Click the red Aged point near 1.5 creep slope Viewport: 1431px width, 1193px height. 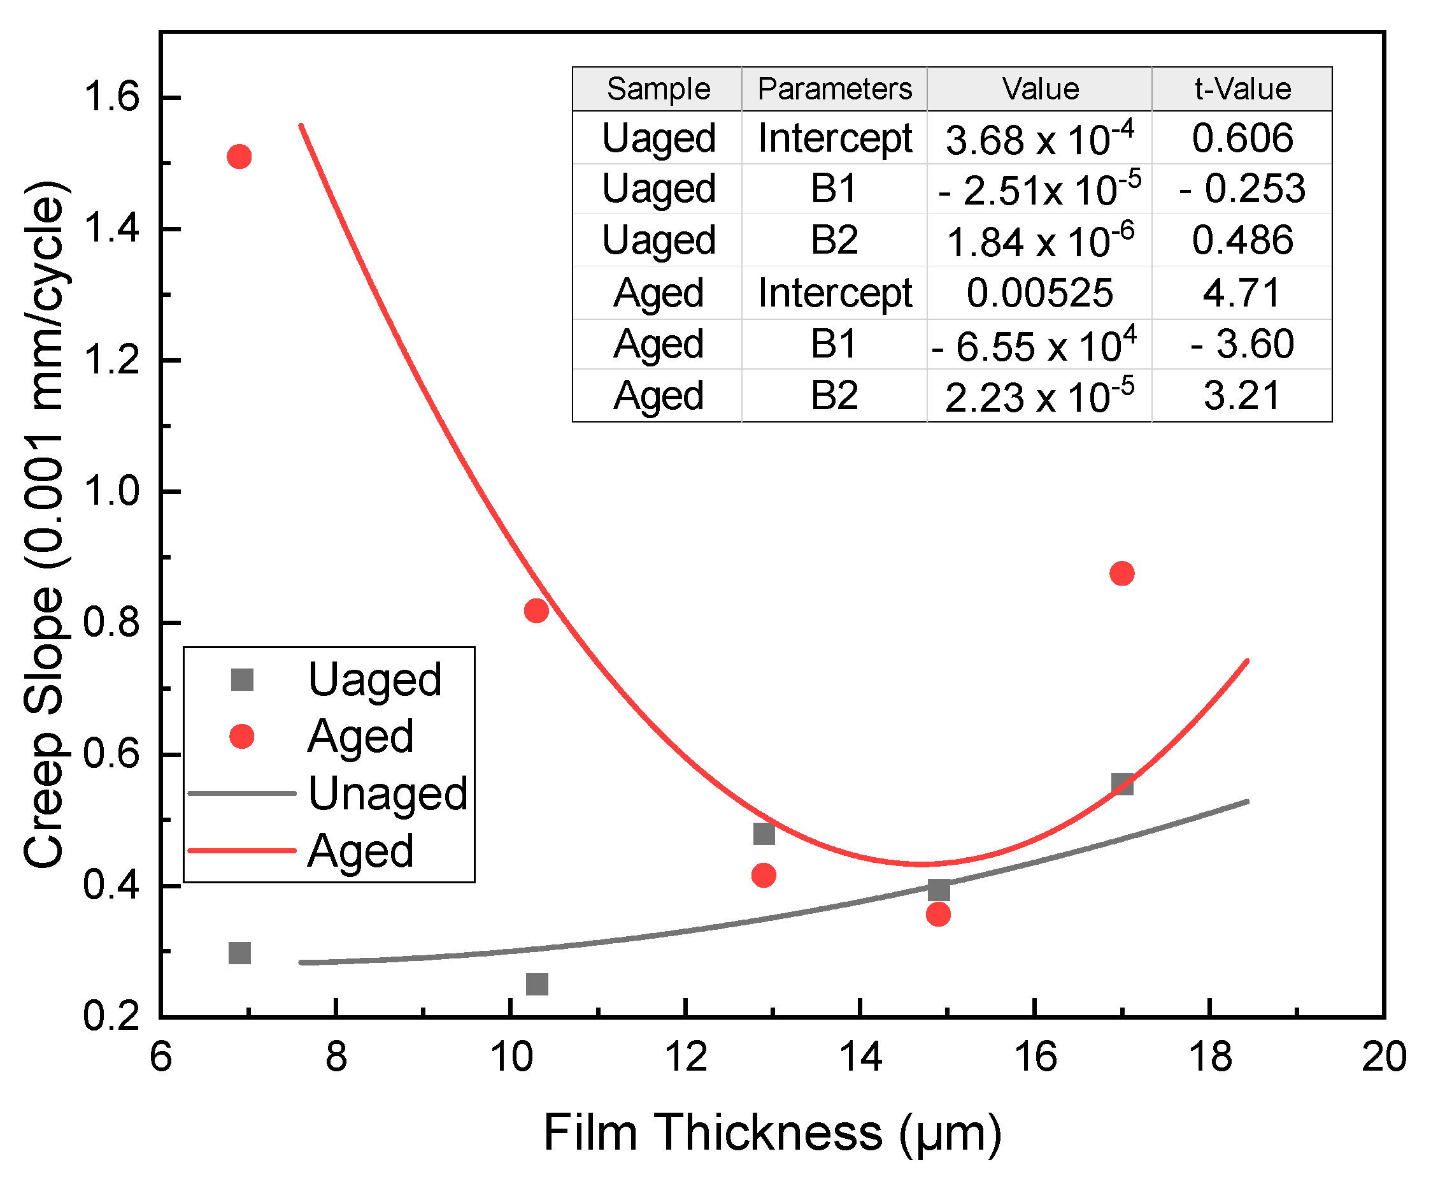[x=239, y=157]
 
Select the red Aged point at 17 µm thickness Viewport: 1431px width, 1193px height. [x=1121, y=574]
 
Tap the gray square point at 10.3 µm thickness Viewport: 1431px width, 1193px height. [x=537, y=985]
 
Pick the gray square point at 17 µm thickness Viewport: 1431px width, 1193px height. [x=1122, y=784]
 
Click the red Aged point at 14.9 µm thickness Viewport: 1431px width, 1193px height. [x=938, y=914]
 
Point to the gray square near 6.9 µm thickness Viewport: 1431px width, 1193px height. [x=240, y=953]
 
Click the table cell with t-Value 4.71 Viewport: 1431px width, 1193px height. [x=1242, y=293]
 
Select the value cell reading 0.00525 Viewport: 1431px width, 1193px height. [x=1039, y=293]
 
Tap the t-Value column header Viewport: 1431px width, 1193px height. [x=1242, y=89]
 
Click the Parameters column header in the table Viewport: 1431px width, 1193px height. [x=834, y=89]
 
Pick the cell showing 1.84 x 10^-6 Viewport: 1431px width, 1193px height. [x=1039, y=241]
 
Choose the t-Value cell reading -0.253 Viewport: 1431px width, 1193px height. [x=1242, y=189]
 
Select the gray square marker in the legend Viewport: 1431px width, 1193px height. [x=242, y=680]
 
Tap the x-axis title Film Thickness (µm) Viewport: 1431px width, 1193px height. [x=772, y=1133]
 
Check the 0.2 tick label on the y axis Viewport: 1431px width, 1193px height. [x=111, y=1016]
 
